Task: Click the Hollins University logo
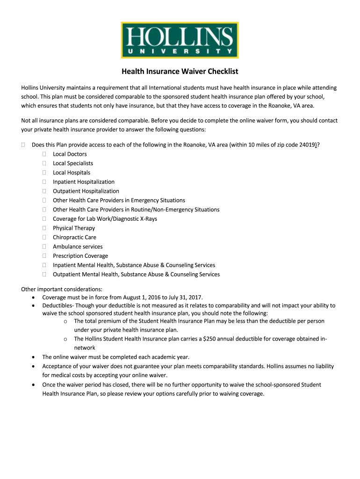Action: (180, 40)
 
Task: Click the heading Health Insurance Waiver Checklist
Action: (180, 72)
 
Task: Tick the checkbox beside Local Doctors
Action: (44, 154)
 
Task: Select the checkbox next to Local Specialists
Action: (44, 163)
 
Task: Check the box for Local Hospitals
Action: (44, 173)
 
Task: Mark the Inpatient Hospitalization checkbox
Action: (44, 182)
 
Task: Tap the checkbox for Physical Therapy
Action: (44, 228)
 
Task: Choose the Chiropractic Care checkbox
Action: (44, 238)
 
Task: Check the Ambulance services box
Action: (44, 247)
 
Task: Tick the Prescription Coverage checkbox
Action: (44, 256)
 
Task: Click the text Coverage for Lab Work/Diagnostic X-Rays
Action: (105, 219)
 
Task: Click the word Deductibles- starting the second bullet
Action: (58, 305)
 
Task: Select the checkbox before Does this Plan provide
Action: (23, 145)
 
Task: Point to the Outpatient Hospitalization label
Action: (86, 191)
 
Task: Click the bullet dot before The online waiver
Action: (32, 357)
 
